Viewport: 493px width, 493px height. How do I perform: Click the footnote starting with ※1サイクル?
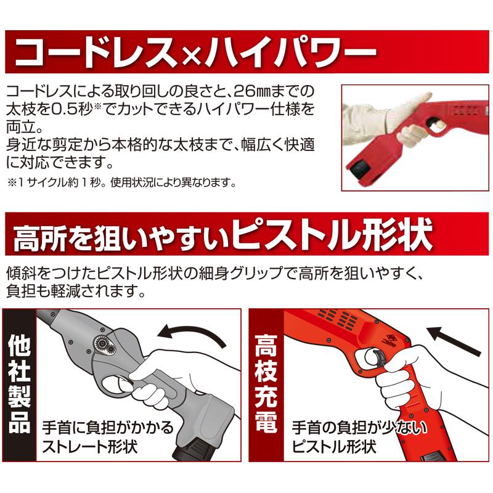point(122,183)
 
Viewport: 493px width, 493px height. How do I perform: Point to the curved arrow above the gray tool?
point(191,336)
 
